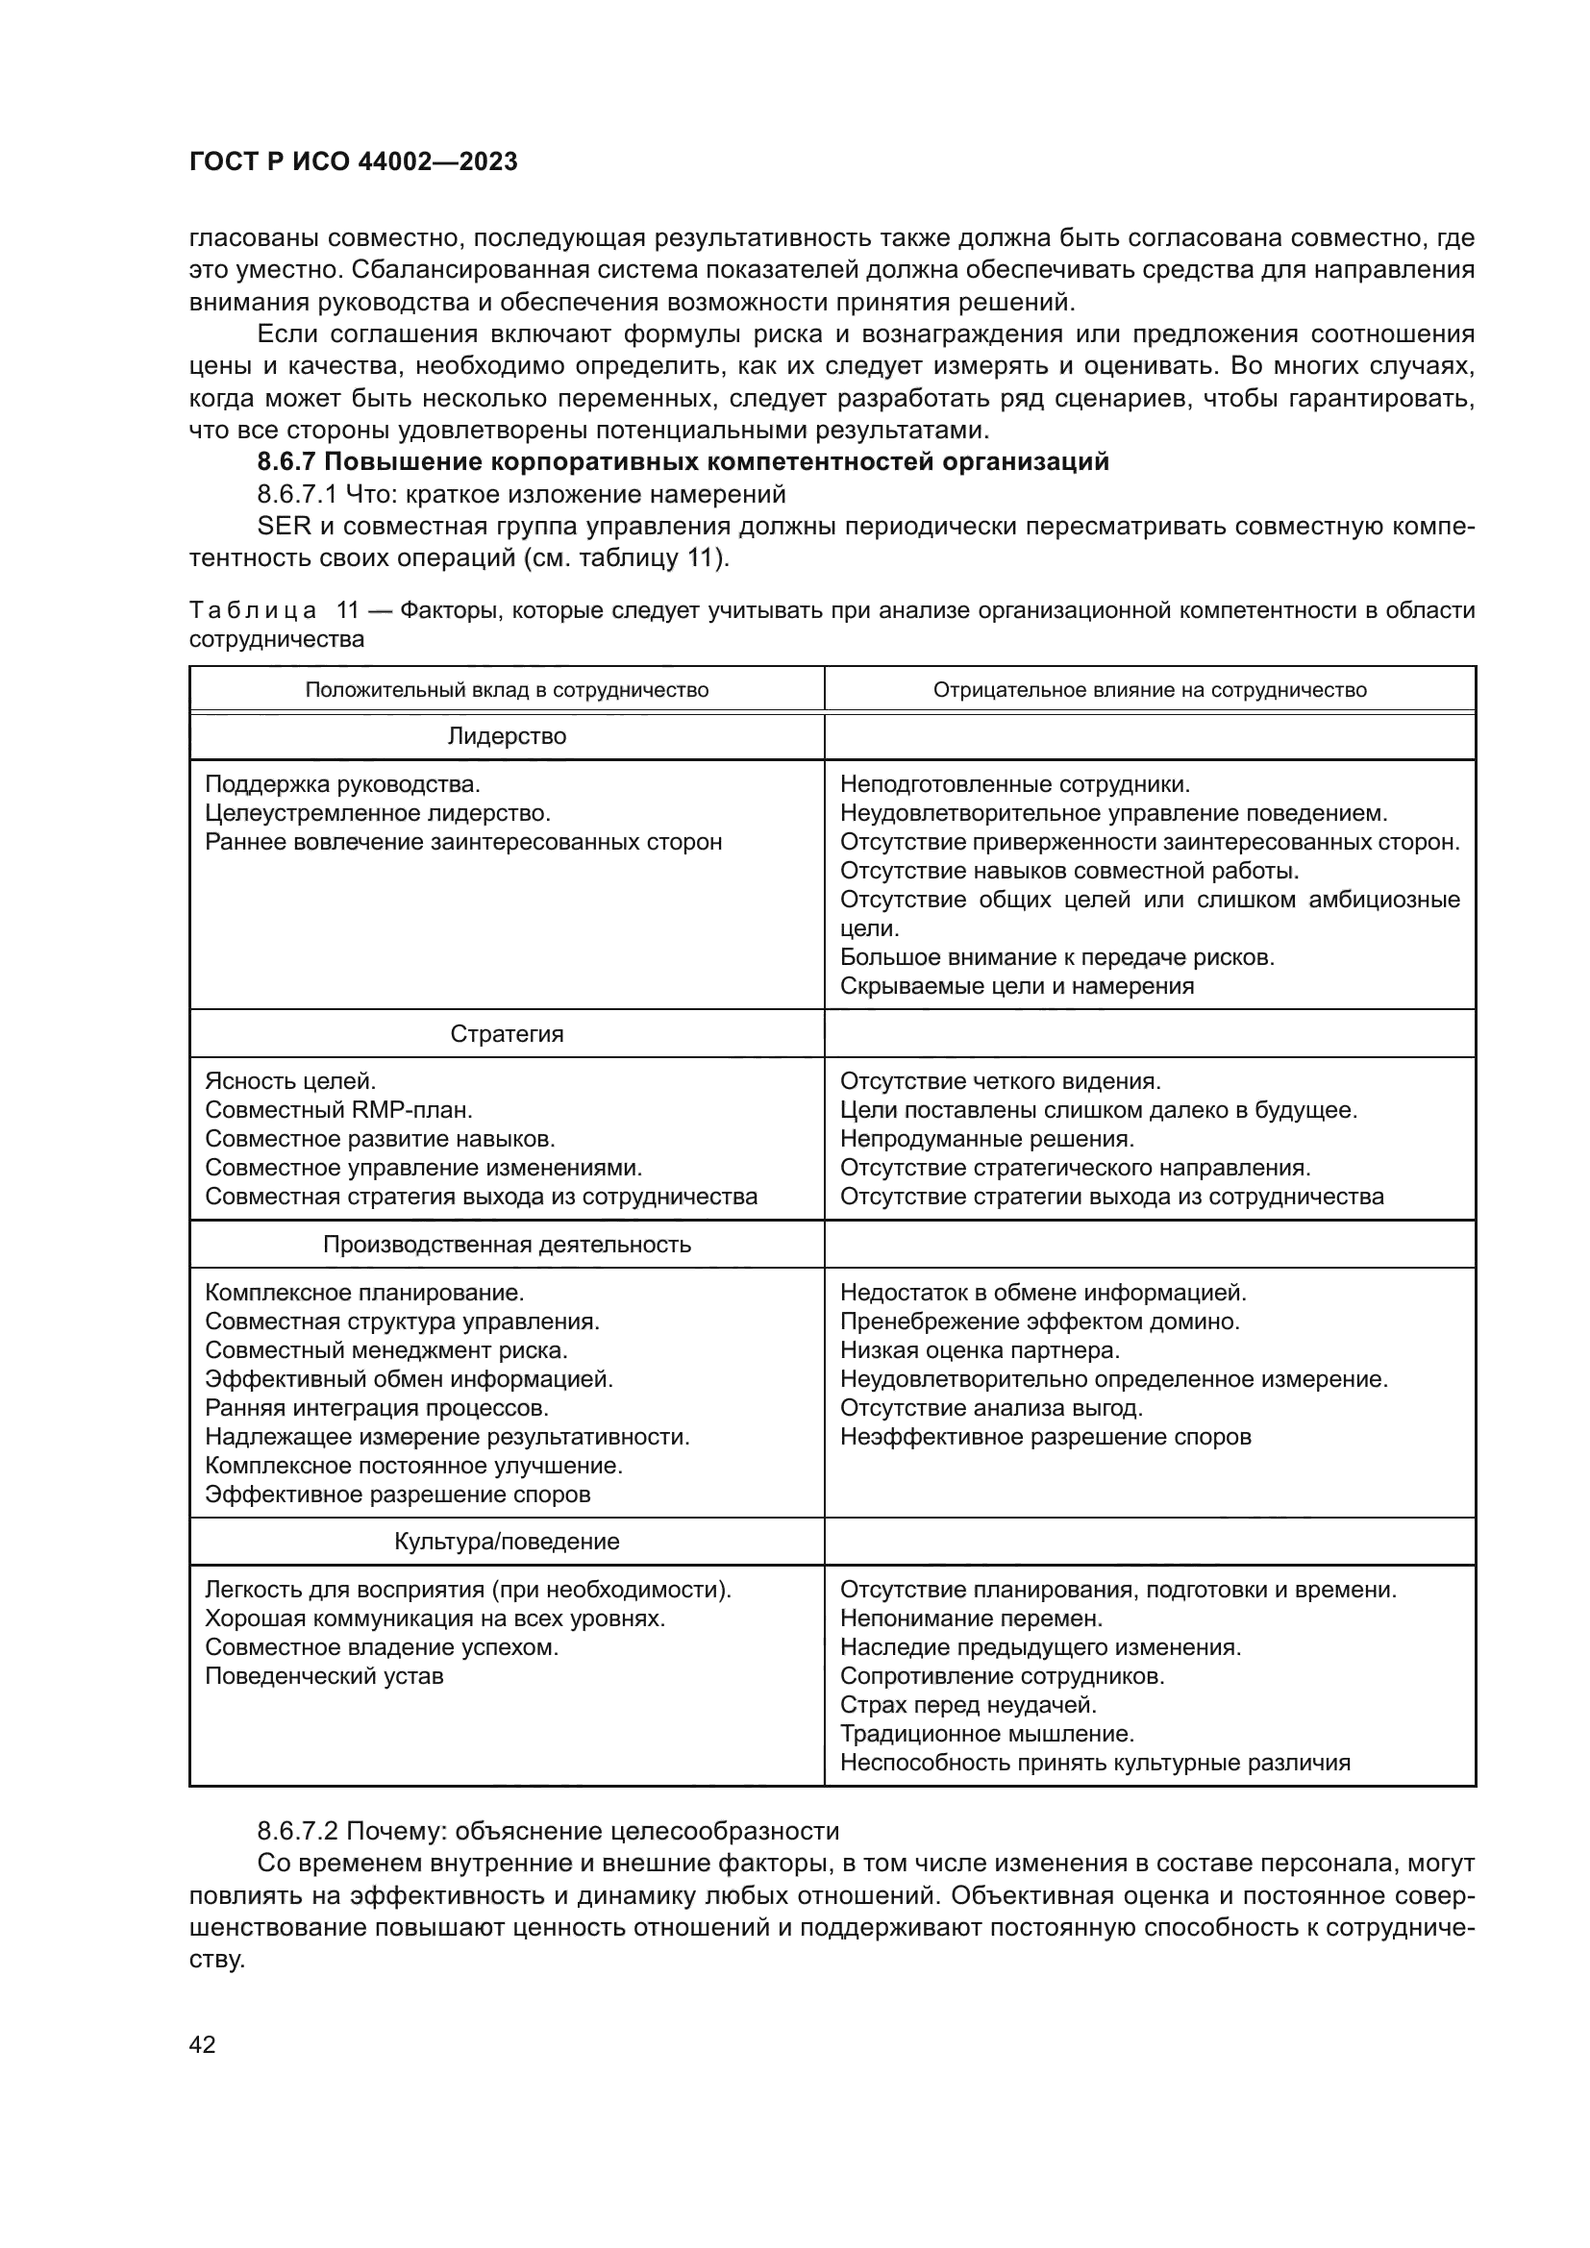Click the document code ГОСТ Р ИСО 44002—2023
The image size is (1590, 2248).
(353, 162)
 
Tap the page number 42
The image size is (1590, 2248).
(202, 2044)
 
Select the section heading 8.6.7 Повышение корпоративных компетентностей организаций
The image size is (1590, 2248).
(683, 462)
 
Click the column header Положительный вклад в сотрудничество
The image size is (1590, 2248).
(507, 689)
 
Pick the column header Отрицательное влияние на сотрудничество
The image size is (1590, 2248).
(1150, 689)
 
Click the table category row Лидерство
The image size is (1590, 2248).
(507, 736)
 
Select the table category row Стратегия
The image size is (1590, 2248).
(507, 1034)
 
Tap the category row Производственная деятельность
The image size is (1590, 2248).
(507, 1245)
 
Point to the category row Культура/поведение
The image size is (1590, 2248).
(507, 1541)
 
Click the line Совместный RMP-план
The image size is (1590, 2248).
(338, 1110)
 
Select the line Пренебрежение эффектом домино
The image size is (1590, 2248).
(1040, 1322)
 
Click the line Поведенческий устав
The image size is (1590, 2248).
(324, 1676)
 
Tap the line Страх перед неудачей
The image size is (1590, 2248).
(967, 1705)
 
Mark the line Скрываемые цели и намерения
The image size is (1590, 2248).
(1016, 986)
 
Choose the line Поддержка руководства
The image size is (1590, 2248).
(342, 784)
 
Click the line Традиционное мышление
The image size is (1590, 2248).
(987, 1734)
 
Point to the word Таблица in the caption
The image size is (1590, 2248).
(253, 611)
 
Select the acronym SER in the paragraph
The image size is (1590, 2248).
(283, 527)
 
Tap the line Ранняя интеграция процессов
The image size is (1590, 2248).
(377, 1408)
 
